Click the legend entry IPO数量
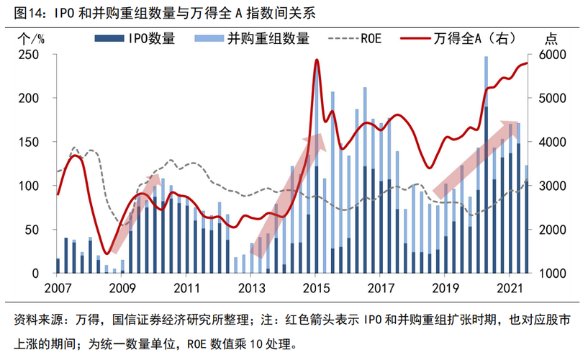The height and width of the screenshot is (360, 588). (x=149, y=39)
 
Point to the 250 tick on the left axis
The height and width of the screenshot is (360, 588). (x=36, y=55)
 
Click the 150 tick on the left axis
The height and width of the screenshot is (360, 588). (x=36, y=143)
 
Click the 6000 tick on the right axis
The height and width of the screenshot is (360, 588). (x=547, y=55)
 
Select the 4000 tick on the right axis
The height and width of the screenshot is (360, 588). (x=547, y=143)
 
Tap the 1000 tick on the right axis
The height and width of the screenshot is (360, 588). (x=547, y=274)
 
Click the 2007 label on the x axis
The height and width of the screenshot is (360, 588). (x=57, y=287)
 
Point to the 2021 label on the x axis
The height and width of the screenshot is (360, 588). (x=509, y=287)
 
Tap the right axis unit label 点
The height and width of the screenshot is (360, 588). (x=551, y=39)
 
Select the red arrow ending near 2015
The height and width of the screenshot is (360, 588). (x=288, y=194)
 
